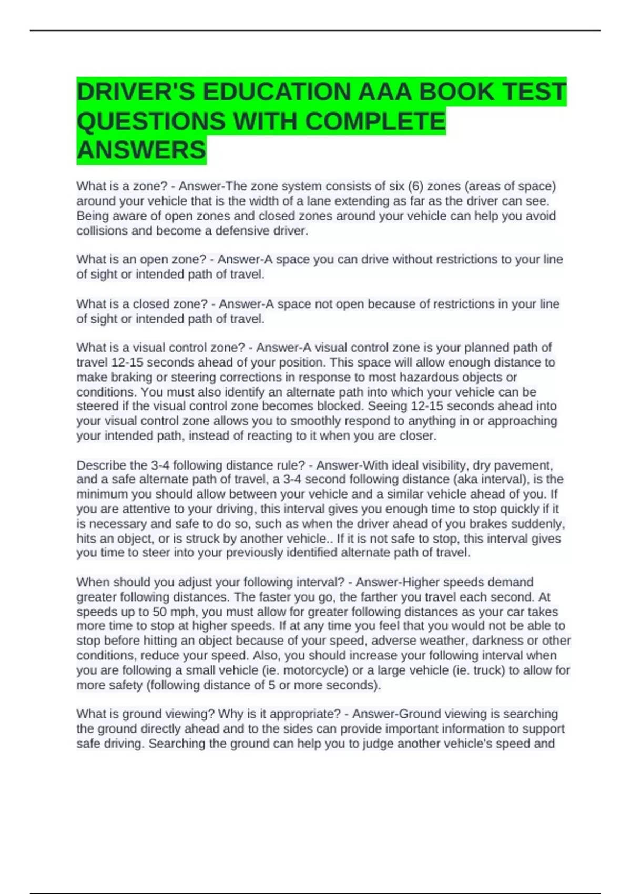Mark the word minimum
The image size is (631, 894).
point(102,494)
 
